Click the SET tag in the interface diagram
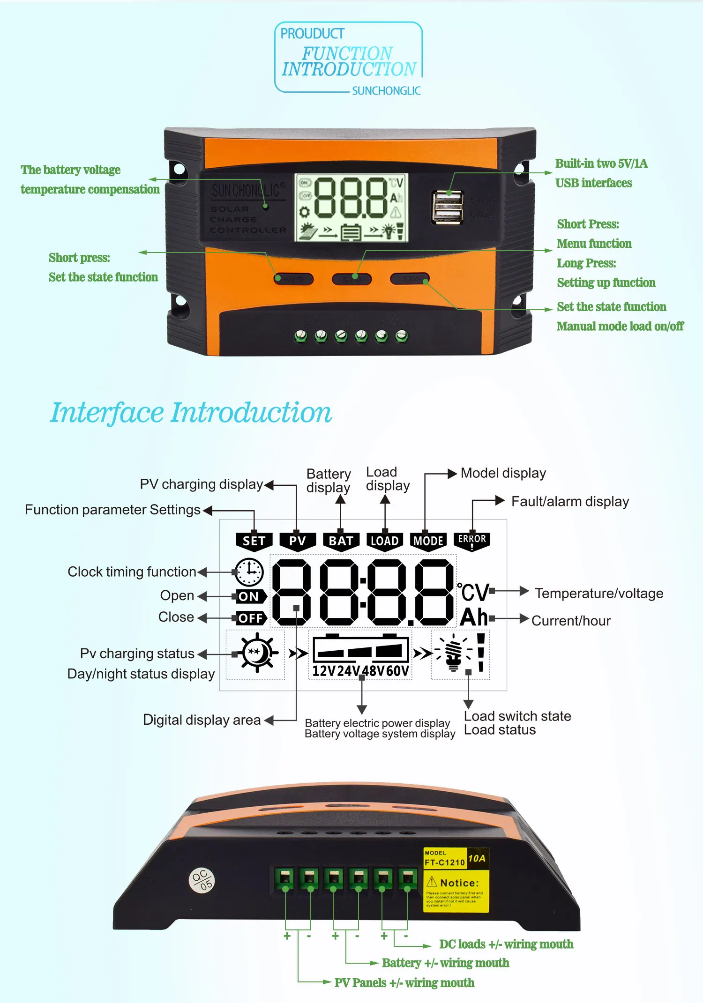[x=254, y=541]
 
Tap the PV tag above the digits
[x=297, y=541]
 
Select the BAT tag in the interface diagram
[x=341, y=541]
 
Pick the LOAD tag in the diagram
[x=384, y=541]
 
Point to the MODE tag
[x=428, y=541]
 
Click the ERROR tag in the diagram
[x=472, y=541]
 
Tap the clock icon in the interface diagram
[x=249, y=572]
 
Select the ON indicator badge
[x=250, y=596]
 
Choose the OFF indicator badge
[x=251, y=618]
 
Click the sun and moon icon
[x=256, y=653]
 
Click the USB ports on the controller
[x=448, y=207]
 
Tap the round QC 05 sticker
[x=202, y=880]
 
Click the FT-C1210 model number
[x=444, y=862]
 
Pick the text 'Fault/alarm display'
[x=570, y=502]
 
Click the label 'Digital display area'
[x=202, y=720]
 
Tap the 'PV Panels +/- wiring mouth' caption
[x=404, y=983]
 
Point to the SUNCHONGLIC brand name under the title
[x=386, y=91]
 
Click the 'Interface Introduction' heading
[x=191, y=413]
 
